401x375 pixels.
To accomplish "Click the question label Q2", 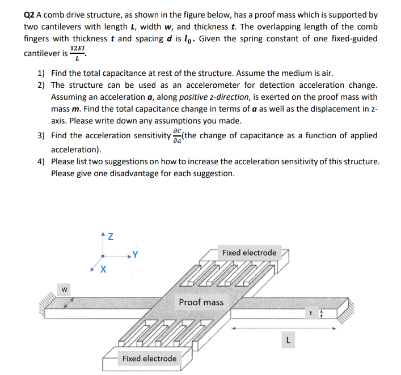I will [30, 15].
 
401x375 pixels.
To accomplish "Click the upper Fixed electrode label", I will [249, 253].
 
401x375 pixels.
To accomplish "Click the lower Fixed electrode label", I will [149, 359].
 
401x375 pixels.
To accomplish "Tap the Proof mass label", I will [201, 302].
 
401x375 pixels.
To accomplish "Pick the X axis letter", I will [102, 269].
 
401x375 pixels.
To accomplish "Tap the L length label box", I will [288, 340].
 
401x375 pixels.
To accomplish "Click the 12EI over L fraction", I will [77, 54].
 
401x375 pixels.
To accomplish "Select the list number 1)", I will [41, 74].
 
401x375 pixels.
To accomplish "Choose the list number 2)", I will [41, 85].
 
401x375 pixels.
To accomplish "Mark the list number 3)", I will [41, 136].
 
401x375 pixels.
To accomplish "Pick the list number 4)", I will [41, 161].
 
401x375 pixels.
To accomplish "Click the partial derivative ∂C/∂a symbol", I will [178, 136].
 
